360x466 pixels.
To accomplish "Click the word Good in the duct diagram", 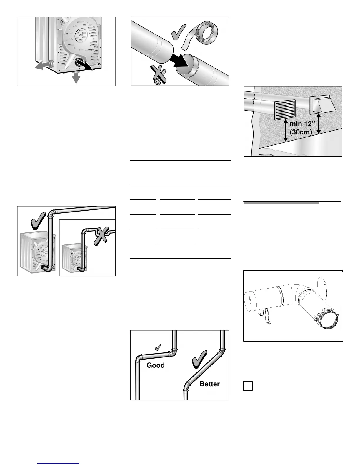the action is [156, 365].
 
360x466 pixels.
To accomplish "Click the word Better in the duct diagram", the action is [209, 384].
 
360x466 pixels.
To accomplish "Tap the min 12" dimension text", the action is [302, 125].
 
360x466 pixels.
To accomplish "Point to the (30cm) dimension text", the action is [301, 132].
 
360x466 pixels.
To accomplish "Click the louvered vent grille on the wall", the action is [285, 110].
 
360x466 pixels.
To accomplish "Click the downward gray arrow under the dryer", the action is [76, 78].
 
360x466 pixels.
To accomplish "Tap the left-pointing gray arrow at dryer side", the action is [41, 66].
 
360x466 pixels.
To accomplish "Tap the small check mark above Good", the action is [157, 348].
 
